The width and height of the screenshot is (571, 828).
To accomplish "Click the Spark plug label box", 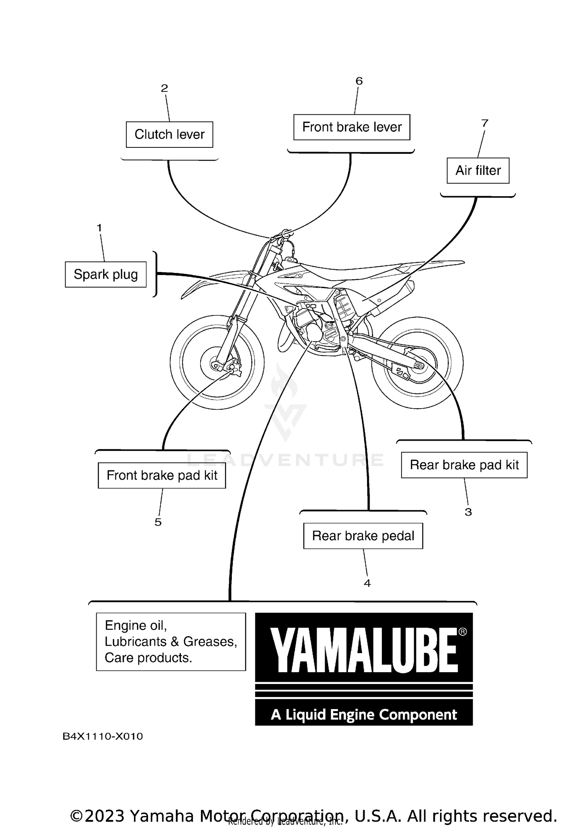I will pyautogui.click(x=105, y=274).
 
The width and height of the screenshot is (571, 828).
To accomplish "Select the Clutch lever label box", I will pyautogui.click(x=169, y=134).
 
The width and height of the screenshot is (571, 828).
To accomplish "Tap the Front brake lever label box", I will pyautogui.click(x=352, y=127).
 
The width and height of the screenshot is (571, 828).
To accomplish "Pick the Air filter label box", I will pyautogui.click(x=478, y=171).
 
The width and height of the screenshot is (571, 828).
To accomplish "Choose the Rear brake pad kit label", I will pyautogui.click(x=464, y=465).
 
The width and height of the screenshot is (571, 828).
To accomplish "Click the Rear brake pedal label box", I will pyautogui.click(x=363, y=536).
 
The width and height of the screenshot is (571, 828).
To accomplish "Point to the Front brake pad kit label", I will pyautogui.click(x=162, y=475).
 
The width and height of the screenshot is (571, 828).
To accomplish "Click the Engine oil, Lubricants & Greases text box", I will pyautogui.click(x=171, y=642).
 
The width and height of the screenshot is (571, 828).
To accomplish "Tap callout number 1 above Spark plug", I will pyautogui.click(x=99, y=228).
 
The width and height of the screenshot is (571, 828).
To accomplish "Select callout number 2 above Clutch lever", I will pyautogui.click(x=164, y=88).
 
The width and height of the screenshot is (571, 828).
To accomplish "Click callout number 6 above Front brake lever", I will pyautogui.click(x=359, y=81).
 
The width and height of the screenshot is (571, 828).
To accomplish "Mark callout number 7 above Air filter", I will pyautogui.click(x=485, y=123).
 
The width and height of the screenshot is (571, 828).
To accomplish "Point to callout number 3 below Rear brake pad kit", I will pyautogui.click(x=468, y=512).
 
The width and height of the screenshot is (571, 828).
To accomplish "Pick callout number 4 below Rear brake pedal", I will pyautogui.click(x=367, y=583).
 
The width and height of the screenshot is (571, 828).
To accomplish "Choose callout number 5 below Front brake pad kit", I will pyautogui.click(x=158, y=522).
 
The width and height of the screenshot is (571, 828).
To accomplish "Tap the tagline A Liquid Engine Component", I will pyautogui.click(x=364, y=715).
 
